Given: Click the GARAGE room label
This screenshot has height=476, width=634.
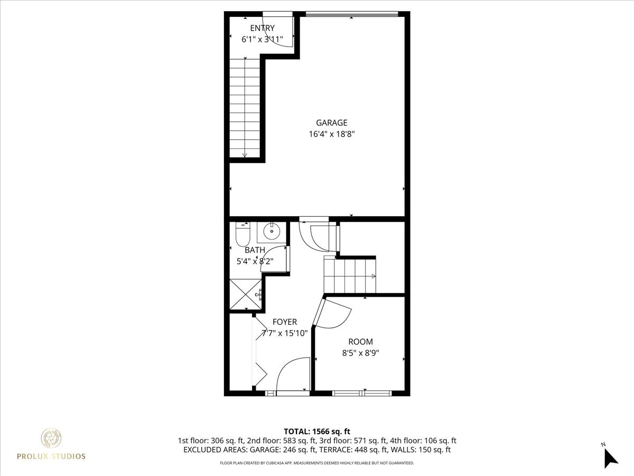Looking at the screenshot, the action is pyautogui.click(x=332, y=123).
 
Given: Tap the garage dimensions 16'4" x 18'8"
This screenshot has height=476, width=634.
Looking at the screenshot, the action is pyautogui.click(x=332, y=134).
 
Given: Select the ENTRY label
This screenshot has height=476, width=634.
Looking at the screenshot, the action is pyautogui.click(x=262, y=28).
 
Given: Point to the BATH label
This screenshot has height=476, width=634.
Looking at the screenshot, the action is pyautogui.click(x=255, y=250).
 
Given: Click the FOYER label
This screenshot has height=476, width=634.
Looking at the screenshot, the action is pyautogui.click(x=285, y=322).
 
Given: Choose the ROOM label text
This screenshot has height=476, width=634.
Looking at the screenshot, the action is pyautogui.click(x=360, y=342).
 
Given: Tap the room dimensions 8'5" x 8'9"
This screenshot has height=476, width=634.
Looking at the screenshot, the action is pyautogui.click(x=360, y=353).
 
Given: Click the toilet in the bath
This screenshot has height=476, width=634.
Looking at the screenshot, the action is pyautogui.click(x=243, y=234).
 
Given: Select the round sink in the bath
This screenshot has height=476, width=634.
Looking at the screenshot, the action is pyautogui.click(x=272, y=231).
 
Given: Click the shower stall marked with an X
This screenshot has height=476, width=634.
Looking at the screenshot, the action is pyautogui.click(x=246, y=294).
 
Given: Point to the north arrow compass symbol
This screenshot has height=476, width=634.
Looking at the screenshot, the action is pyautogui.click(x=611, y=459).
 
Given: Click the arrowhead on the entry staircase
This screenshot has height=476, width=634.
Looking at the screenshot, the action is pyautogui.click(x=245, y=155).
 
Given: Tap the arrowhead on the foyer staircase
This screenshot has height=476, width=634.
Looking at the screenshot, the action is pyautogui.click(x=374, y=276).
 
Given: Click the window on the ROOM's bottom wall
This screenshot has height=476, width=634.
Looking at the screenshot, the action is pyautogui.click(x=361, y=393).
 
